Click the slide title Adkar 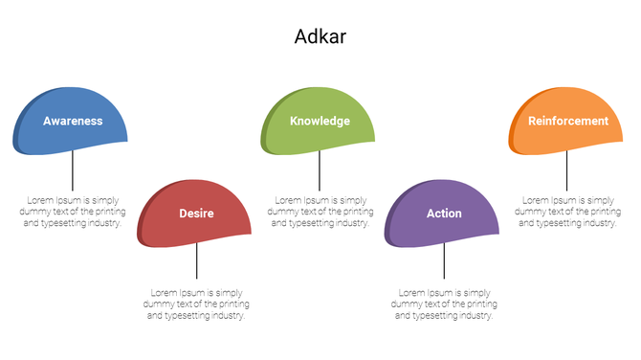(x=320, y=36)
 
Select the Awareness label (x=73, y=122)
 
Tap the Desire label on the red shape (x=196, y=214)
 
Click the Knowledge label (x=320, y=122)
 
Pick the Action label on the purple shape (x=444, y=214)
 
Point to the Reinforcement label (x=568, y=122)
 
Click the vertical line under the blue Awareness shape (x=74, y=170)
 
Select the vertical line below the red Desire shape (x=197, y=260)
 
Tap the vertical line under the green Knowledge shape (x=320, y=170)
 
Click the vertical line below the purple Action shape (x=444, y=260)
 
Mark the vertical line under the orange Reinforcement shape (x=567, y=170)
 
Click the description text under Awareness (x=73, y=211)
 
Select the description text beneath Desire (x=196, y=304)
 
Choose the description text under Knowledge (x=320, y=211)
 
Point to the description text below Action (x=444, y=304)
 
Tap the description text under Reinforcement (x=567, y=211)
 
